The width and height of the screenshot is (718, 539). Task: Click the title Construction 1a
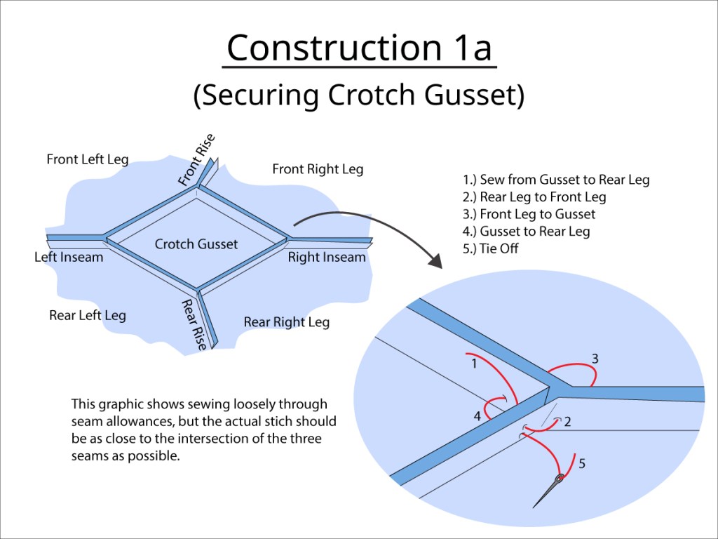359,48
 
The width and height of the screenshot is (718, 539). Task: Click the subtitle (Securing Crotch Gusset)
359,95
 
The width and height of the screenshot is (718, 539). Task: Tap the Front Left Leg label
88,159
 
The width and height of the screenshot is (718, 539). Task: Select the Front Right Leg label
318,169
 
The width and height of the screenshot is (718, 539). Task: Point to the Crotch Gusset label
196,244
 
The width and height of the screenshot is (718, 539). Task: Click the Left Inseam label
69,257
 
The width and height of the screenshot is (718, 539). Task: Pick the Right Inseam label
327,257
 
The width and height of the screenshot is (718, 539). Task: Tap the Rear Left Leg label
88,315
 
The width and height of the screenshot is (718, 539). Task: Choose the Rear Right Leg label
286,322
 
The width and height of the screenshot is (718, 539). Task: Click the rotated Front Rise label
196,161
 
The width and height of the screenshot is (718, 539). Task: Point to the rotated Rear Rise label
195,324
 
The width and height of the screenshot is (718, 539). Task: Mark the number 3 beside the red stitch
595,359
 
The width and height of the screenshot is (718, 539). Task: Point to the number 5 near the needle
582,463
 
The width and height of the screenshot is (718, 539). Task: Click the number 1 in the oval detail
474,364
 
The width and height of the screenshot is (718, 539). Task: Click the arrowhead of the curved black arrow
435,261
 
